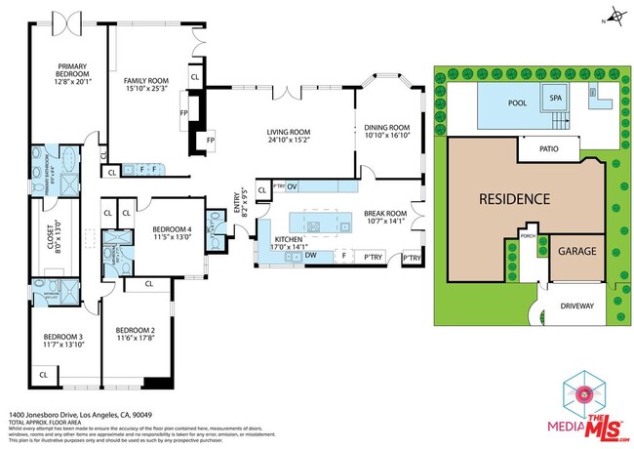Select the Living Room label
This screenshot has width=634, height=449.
click(289, 135)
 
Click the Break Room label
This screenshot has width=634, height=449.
click(384, 217)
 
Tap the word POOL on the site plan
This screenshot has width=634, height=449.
click(518, 102)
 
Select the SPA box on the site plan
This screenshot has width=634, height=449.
click(556, 99)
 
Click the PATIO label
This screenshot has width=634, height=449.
click(546, 148)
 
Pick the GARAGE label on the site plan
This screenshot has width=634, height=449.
click(575, 250)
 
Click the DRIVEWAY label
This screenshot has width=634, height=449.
click(576, 306)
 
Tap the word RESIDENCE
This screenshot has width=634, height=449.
click(514, 199)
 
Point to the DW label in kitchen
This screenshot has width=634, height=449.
click(309, 256)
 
